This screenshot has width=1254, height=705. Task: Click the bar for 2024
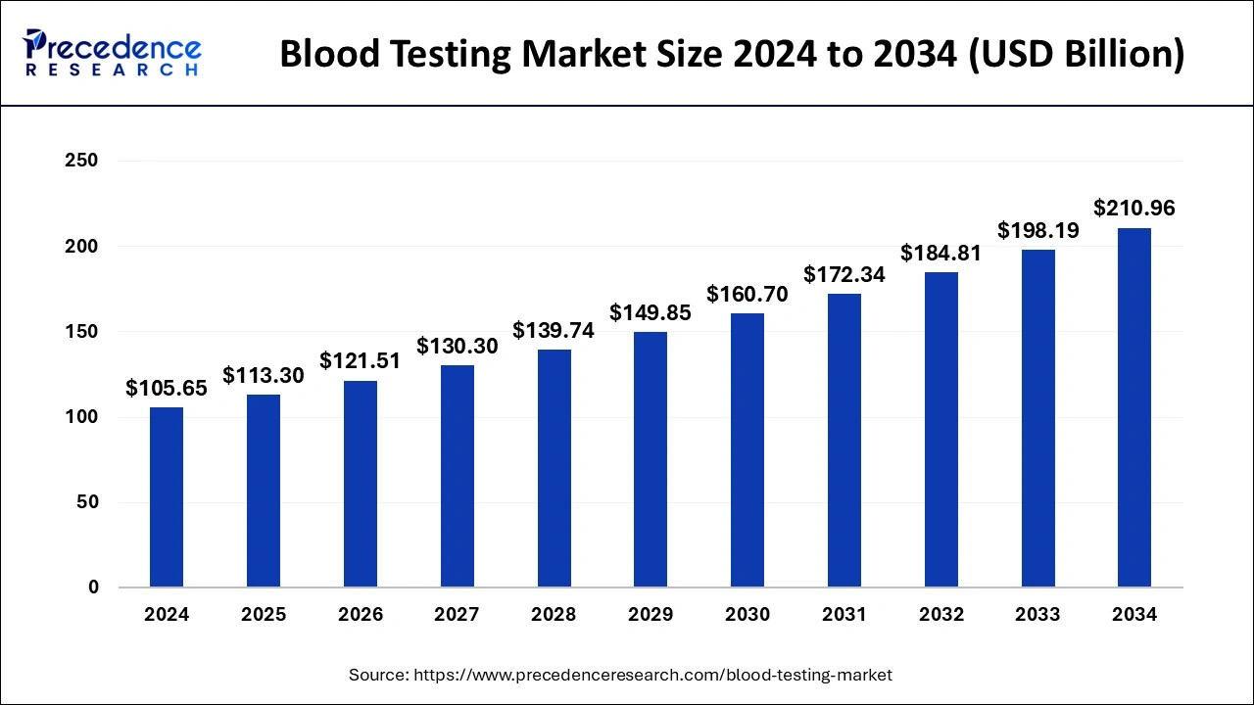167,497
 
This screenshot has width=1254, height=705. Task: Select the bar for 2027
457,476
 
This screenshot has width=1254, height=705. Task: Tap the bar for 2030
748,450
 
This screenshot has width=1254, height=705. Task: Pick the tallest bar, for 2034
1134,407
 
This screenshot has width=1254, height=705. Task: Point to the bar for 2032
940,430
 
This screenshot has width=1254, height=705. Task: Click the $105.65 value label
167,389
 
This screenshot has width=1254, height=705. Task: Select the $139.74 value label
554,331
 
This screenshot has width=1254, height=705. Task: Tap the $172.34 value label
844,275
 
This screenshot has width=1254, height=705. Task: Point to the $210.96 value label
1134,209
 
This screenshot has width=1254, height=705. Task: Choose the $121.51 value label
360,361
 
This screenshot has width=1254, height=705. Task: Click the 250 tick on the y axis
80,161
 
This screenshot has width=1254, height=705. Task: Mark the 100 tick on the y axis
80,417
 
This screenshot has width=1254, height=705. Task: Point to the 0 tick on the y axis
93,587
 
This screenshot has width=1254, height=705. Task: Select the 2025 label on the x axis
264,615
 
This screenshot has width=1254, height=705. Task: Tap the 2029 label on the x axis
651,615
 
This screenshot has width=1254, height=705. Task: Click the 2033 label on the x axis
1037,615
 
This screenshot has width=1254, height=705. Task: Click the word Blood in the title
322,55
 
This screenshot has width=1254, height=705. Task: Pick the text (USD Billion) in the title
1076,55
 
